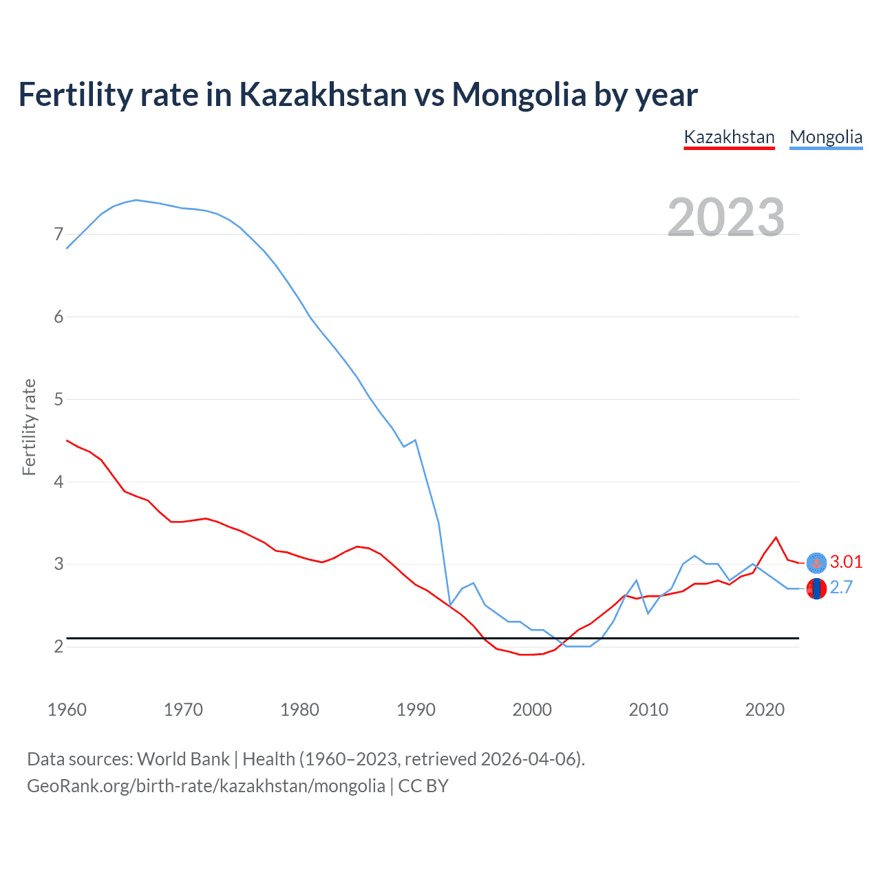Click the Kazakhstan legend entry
click(729, 137)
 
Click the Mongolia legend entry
click(826, 137)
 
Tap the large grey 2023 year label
click(725, 217)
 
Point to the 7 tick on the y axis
click(59, 235)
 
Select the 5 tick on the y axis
click(59, 399)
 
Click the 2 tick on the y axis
click(59, 646)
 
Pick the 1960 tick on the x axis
click(67, 710)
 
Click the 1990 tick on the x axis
click(416, 710)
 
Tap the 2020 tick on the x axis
click(765, 710)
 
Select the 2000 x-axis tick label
click(532, 710)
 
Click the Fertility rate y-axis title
click(29, 427)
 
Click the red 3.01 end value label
click(846, 562)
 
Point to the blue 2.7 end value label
click(841, 587)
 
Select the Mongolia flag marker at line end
click(816, 589)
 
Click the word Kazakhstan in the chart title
click(323, 94)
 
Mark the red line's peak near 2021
click(776, 538)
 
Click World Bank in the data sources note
click(183, 759)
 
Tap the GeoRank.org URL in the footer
click(206, 786)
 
